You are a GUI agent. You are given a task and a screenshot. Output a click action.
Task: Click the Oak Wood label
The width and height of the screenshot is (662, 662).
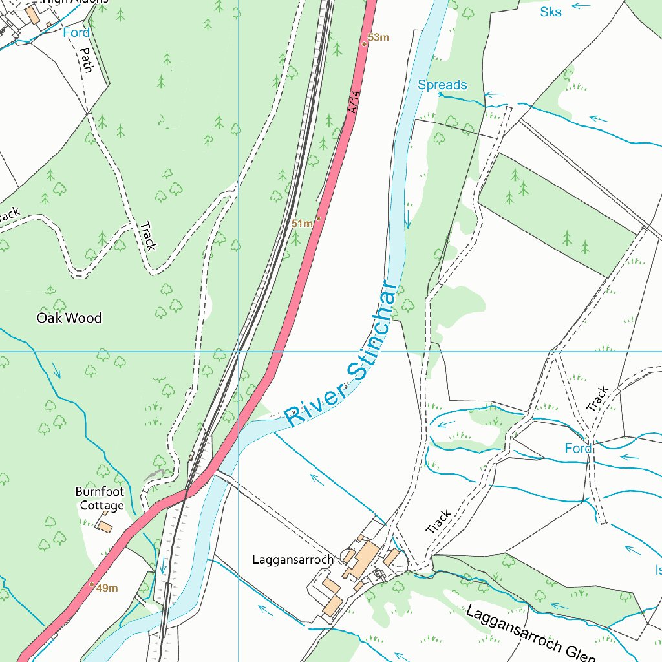[x=69, y=318]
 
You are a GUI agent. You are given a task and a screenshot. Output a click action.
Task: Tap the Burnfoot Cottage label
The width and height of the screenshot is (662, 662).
[x=100, y=498]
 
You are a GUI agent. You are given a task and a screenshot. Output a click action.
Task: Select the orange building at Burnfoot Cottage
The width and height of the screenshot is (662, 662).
[x=104, y=527]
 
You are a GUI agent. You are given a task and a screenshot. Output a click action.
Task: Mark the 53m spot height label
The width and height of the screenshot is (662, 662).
[x=379, y=37]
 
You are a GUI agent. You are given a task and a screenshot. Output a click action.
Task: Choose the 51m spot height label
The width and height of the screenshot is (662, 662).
[x=301, y=224]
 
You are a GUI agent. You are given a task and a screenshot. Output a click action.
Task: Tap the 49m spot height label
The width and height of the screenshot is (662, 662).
[x=107, y=588]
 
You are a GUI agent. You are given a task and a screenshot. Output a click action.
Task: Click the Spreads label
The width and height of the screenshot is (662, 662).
[x=442, y=85]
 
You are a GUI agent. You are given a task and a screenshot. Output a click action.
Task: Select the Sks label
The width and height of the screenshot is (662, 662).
[x=551, y=11]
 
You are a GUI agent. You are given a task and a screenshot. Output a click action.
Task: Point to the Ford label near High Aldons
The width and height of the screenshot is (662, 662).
[x=76, y=32]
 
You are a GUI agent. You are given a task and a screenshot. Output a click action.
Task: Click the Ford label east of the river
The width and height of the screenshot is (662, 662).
[x=578, y=448]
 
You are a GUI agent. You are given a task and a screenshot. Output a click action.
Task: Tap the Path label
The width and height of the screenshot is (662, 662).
[x=87, y=59]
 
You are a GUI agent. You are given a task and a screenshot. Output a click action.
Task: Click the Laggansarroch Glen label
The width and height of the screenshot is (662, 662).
[x=530, y=635]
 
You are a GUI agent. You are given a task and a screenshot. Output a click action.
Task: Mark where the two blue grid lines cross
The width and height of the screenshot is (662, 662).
[x=239, y=352]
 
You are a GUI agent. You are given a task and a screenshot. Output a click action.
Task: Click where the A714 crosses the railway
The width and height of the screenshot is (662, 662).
[x=186, y=493]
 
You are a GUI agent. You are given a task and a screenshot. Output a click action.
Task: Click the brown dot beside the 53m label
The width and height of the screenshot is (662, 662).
[x=364, y=43]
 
